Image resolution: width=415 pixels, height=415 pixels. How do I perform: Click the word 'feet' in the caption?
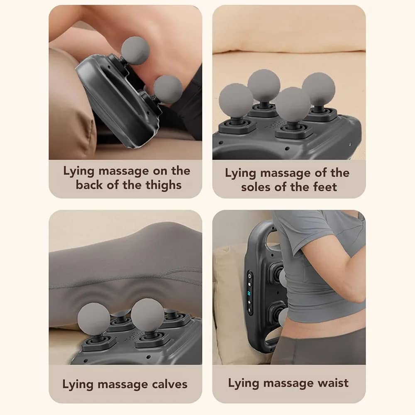pos(325,187)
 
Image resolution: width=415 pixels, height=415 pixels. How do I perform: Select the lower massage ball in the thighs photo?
pos(168,90)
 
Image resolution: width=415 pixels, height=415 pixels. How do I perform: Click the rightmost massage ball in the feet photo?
pos(319,88)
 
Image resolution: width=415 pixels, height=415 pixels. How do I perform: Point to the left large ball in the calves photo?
pos(94,319)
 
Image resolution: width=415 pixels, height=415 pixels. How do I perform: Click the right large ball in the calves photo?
pos(147,315)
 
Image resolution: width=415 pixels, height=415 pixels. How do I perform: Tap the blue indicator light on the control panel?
pos(249,293)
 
